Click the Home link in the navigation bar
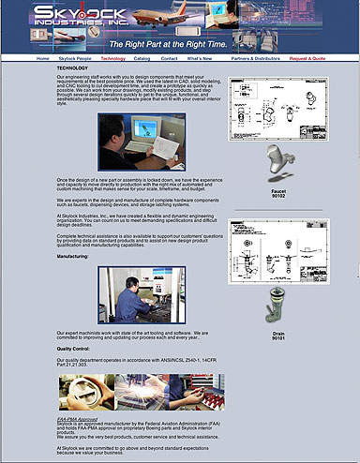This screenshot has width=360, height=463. [43, 58]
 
